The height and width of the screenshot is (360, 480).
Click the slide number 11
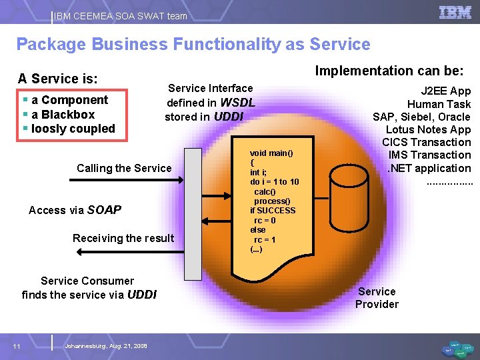point(16,345)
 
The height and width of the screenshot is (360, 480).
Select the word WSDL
point(237,103)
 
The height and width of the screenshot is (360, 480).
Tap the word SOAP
point(104,210)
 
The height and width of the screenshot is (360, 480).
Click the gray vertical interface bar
point(193,214)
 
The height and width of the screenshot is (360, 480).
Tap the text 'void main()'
point(271,153)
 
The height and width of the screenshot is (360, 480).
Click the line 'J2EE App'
point(445,91)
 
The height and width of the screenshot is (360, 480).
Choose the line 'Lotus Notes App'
point(428,129)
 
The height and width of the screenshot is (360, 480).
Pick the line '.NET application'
point(429,168)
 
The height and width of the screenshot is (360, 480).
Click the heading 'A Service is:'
point(58,79)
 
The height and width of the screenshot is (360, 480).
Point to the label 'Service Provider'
point(377,298)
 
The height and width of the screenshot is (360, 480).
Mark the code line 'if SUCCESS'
point(273,211)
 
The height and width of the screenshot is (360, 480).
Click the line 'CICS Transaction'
point(427,142)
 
